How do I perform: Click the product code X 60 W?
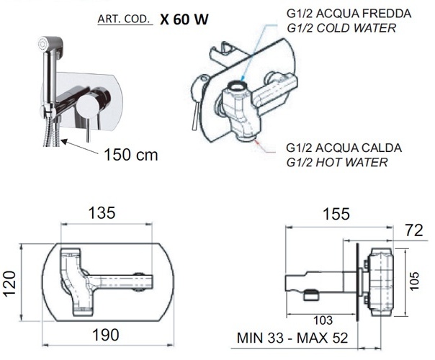point(184,19)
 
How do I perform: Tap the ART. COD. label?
point(124,19)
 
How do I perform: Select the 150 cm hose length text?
point(131,155)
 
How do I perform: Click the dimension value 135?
point(102,213)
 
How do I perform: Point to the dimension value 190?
point(106,335)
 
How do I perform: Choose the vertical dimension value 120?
point(10,284)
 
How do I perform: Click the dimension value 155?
point(336,214)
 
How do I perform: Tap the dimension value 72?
point(414,230)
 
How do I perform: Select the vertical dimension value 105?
point(414,281)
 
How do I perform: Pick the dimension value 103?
point(323,320)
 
